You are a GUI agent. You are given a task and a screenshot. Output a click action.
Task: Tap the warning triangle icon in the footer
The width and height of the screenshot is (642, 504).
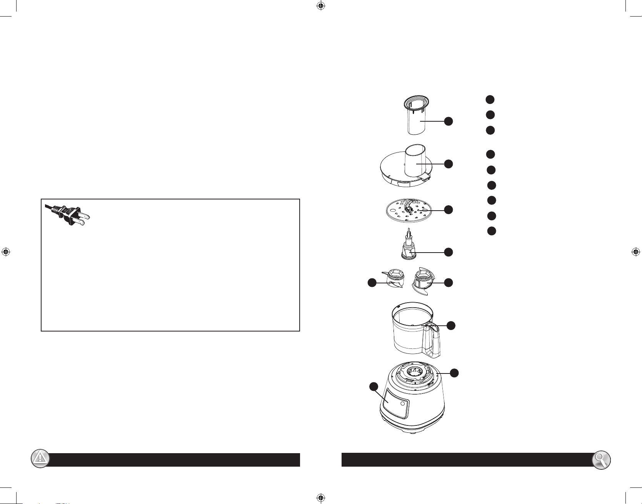click(40, 459)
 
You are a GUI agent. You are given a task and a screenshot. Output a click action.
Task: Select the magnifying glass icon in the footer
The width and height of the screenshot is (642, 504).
click(601, 459)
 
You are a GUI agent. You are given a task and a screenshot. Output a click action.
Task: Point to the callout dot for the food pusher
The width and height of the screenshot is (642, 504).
click(448, 121)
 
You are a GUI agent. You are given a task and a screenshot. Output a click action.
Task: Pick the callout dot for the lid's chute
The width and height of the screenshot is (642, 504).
click(448, 164)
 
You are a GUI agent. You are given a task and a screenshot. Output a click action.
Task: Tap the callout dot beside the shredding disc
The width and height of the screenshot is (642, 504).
click(448, 210)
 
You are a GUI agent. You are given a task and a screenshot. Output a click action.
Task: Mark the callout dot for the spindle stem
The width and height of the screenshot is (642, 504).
click(448, 252)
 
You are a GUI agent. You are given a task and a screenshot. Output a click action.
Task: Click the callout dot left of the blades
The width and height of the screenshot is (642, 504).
click(372, 283)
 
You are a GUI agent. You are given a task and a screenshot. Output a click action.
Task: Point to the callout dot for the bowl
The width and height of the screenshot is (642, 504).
click(451, 325)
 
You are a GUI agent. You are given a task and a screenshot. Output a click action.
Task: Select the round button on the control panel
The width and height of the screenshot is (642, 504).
click(402, 404)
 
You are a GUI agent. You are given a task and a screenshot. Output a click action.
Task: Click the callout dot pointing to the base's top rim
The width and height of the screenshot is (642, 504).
click(454, 373)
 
